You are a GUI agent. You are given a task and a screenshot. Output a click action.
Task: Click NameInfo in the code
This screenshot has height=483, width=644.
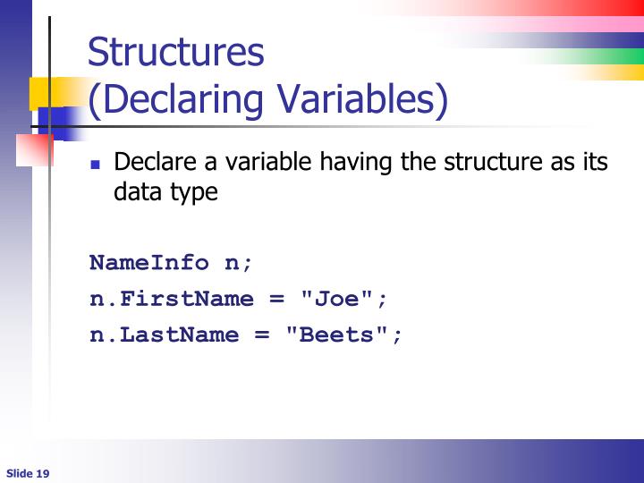point(148,263)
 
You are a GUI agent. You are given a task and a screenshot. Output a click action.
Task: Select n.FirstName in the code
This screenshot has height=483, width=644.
point(172,299)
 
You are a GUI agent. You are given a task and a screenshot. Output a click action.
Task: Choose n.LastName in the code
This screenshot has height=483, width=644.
point(165,335)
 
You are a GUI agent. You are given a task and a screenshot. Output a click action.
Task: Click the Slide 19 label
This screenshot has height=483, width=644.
point(27,473)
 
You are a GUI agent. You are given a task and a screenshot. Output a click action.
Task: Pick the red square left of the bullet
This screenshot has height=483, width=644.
point(34,149)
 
